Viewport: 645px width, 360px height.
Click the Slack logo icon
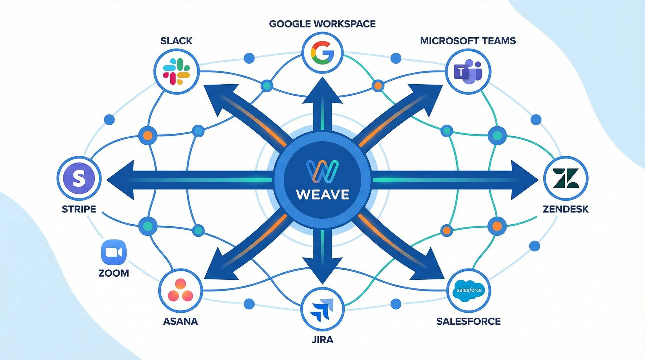(176, 72)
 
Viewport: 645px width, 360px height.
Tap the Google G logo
(322, 53)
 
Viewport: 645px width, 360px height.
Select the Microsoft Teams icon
(468, 72)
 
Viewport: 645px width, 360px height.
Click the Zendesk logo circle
(565, 178)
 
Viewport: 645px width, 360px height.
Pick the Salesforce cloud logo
(469, 290)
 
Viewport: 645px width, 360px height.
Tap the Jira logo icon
(322, 309)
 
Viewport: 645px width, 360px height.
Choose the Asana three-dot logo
(180, 290)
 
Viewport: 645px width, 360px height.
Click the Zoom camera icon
(114, 252)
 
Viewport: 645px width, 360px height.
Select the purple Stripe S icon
(79, 178)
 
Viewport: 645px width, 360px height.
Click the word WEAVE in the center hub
(322, 195)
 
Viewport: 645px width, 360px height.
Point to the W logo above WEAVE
(322, 171)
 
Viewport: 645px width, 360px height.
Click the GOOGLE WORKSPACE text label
(322, 24)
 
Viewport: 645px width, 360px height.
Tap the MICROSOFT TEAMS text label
(468, 41)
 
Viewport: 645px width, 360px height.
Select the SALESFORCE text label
(468, 321)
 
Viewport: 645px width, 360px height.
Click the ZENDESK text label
(565, 209)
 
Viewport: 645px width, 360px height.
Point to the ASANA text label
(180, 321)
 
